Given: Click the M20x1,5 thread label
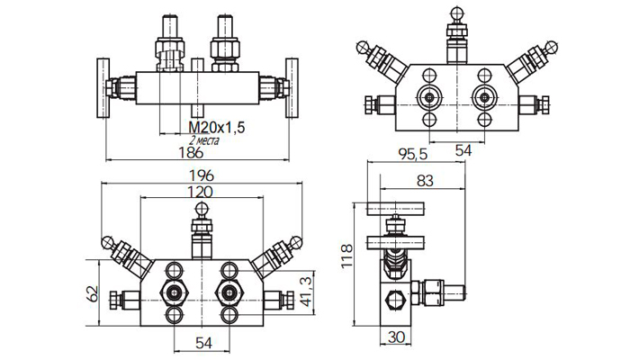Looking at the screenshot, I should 217,128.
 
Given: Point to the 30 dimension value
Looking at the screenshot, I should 397,338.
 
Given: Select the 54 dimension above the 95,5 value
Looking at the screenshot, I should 463,151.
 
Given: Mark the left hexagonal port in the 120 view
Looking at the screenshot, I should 173,292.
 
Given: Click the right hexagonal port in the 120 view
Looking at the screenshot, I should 232,292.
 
